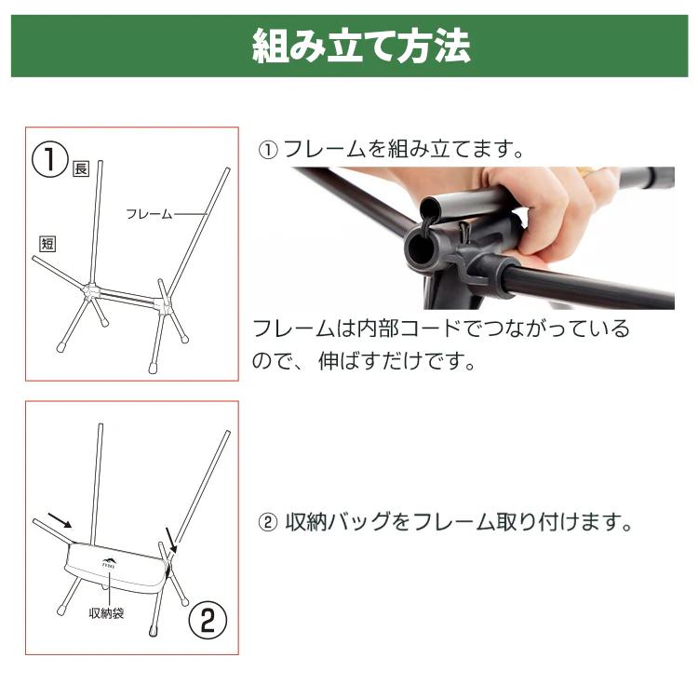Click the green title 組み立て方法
point(361,46)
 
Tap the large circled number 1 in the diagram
point(50,159)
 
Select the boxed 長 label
point(81,168)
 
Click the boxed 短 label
point(47,244)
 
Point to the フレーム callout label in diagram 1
point(149,214)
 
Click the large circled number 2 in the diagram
point(208,620)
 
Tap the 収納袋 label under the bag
point(107,613)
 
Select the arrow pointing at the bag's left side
point(60,520)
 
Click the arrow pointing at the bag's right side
point(171,540)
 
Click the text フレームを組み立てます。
point(403,149)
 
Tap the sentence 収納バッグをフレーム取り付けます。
point(459,522)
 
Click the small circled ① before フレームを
point(268,150)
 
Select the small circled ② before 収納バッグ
point(268,522)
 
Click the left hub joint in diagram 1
point(91,290)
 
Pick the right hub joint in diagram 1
point(163,305)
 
